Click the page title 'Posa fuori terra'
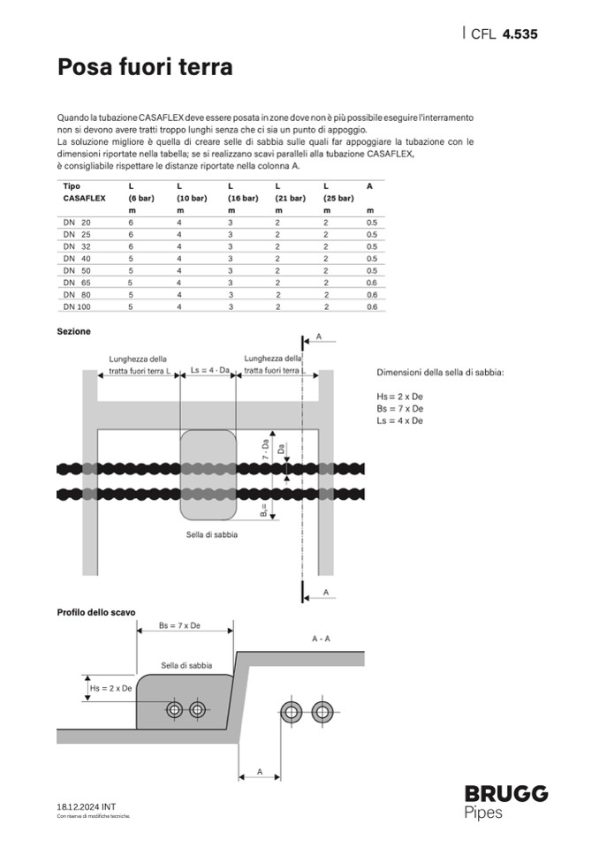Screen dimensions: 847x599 coord(145,67)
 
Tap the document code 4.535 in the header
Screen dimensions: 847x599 coord(519,34)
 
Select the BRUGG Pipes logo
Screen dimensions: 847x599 coord(506,801)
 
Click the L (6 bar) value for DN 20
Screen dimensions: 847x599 coord(131,223)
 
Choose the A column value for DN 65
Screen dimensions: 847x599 coord(371,283)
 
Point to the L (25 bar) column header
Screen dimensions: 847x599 coord(338,193)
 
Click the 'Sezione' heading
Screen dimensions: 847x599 coord(73,331)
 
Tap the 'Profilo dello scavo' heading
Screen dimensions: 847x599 coord(96,611)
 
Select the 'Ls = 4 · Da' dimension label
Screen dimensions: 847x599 coord(210,372)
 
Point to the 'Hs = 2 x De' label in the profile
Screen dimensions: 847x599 coord(111,688)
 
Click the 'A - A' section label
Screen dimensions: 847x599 coord(322,637)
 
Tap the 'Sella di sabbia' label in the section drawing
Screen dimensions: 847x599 coord(212,534)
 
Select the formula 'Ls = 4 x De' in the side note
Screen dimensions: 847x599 coord(399,421)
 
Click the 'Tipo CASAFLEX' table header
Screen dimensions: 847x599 coord(84,193)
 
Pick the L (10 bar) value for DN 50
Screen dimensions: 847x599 coord(179,270)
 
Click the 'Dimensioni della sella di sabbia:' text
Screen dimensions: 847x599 coord(440,373)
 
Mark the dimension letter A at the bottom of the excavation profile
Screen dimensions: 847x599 coord(260,771)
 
